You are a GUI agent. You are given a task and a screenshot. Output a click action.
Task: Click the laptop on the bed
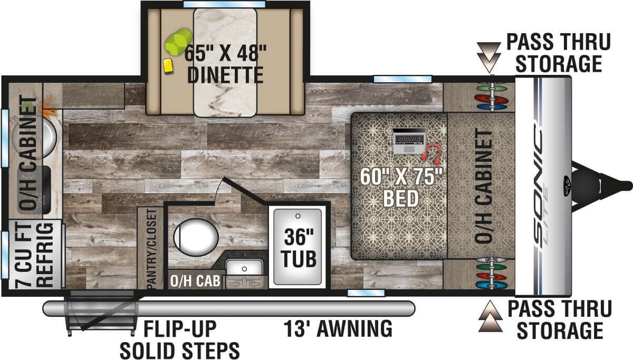[x=409, y=141]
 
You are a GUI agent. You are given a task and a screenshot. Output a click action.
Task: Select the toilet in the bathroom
[x=196, y=237]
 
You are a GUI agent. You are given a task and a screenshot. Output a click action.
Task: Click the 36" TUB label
[x=299, y=248]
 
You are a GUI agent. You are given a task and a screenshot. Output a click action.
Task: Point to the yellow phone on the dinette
[x=168, y=66]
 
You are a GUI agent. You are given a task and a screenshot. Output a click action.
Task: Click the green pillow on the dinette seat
[x=179, y=42]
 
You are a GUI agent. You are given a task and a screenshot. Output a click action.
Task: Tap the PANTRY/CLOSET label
[x=151, y=249]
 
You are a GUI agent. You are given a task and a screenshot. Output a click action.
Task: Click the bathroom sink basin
[x=244, y=268]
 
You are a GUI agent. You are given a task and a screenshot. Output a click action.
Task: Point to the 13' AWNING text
[x=338, y=328]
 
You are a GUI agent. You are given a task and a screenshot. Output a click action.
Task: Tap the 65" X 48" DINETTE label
[x=225, y=64]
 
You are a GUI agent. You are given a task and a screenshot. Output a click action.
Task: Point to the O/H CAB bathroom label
[x=195, y=281]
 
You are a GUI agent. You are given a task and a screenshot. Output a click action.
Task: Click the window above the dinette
[x=224, y=4]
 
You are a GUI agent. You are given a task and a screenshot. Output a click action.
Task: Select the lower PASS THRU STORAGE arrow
[x=490, y=316]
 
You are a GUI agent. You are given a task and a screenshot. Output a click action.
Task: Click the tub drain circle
[x=298, y=216]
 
